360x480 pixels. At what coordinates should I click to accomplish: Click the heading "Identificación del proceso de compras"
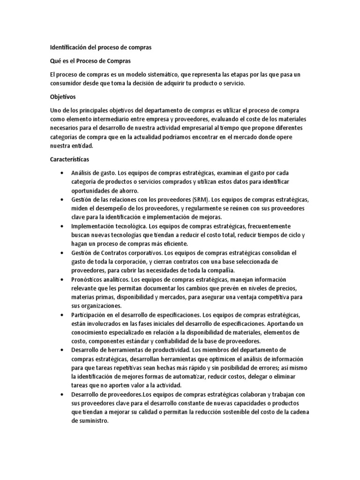pyautogui.click(x=101, y=47)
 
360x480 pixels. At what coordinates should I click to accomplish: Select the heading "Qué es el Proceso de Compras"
pyautogui.click(x=90, y=61)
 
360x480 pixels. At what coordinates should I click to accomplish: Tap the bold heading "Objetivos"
pyautogui.click(x=63, y=97)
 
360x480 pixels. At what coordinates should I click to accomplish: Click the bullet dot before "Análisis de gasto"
pyautogui.click(x=62, y=173)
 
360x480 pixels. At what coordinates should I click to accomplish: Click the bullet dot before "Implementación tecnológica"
pyautogui.click(x=62, y=226)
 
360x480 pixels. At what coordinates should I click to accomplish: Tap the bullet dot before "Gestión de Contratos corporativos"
pyautogui.click(x=62, y=253)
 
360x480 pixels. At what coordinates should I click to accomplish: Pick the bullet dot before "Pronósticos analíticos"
pyautogui.click(x=62, y=279)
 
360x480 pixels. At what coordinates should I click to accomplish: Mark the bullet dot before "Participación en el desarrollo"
pyautogui.click(x=62, y=315)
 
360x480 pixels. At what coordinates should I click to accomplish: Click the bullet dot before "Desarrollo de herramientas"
pyautogui.click(x=62, y=350)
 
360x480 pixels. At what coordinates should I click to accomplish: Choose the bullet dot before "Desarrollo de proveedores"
pyautogui.click(x=62, y=395)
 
